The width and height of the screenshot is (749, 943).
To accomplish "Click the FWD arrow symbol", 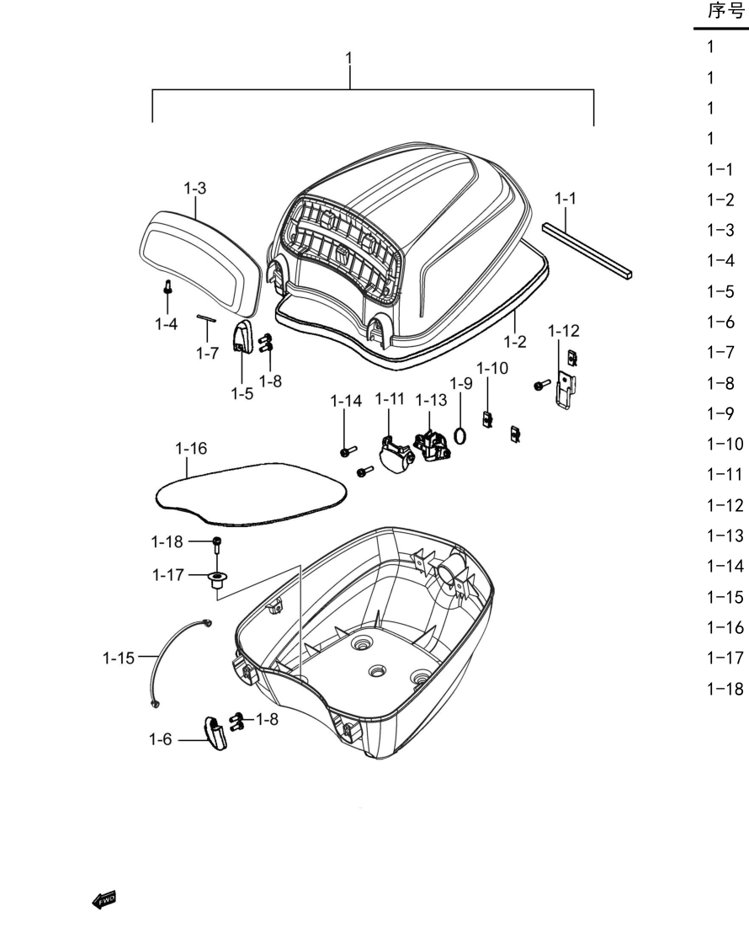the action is pos(104,900).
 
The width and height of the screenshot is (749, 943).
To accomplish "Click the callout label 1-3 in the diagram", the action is pos(194,189).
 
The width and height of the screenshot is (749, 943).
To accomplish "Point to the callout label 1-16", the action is pos(191,449).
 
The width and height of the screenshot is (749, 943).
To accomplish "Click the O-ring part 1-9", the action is pos(460,434).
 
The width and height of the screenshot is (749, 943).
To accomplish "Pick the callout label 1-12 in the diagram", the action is pos(563,331).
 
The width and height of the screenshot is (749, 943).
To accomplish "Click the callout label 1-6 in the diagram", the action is pos(161,739).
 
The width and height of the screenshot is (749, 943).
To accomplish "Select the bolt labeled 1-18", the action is pos(217,545).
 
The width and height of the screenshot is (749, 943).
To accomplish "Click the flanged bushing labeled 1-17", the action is pos(218,580).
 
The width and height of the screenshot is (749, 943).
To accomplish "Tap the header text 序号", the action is pos(726,11).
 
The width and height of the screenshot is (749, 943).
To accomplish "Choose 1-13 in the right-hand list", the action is pos(725,535).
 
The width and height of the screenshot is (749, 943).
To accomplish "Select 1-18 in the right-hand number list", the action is pos(725,688).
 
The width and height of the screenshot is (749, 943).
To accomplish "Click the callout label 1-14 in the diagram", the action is pos(346,401).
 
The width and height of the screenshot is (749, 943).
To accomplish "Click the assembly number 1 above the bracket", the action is pos(348,58).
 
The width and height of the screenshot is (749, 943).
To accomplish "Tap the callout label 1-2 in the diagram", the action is pos(515,342).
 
